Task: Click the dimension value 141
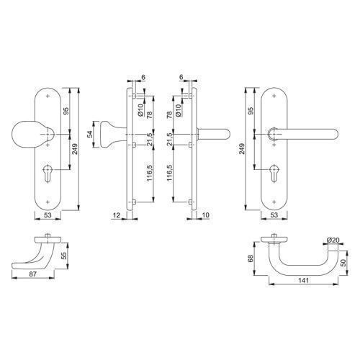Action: point(303,280)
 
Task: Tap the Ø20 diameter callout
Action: point(333,240)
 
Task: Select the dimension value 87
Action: point(33,274)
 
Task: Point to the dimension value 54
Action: point(90,134)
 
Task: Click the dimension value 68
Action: point(251,258)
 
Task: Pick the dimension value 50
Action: point(343,262)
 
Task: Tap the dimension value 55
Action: point(64,256)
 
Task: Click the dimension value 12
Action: point(117,215)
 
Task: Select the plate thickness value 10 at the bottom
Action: point(206,215)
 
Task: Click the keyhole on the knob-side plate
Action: point(48,174)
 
